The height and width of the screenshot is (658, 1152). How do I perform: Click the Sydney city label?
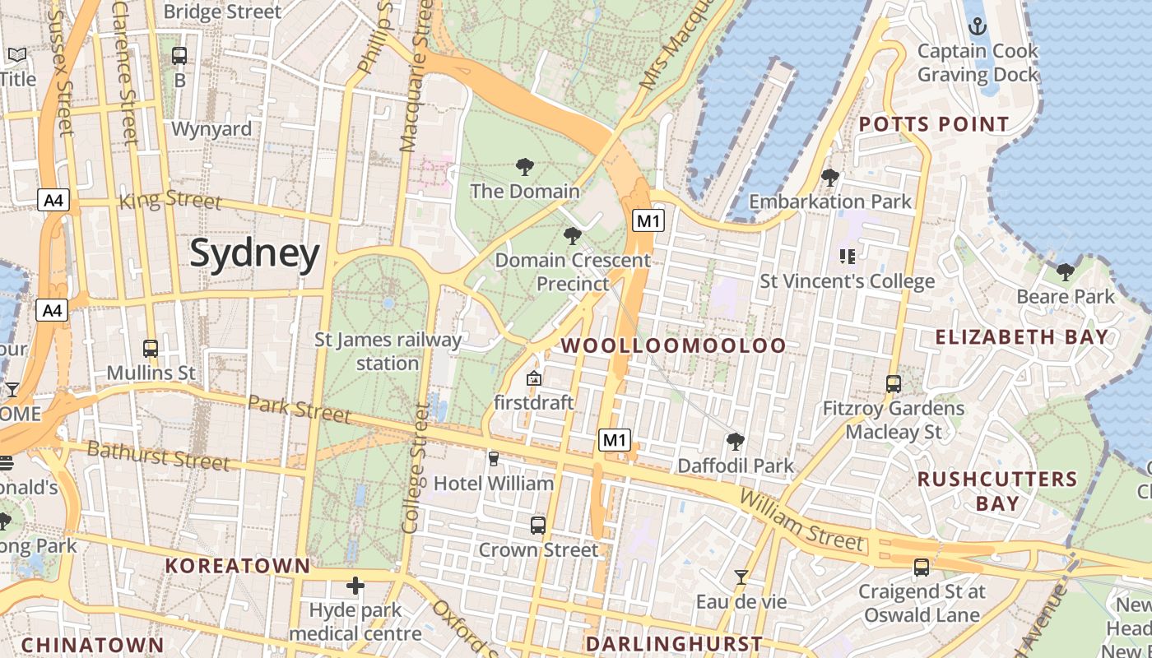point(254,254)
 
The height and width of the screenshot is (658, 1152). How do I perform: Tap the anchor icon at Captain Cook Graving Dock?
point(977,25)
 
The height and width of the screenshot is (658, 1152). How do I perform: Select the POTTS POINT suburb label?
point(934,125)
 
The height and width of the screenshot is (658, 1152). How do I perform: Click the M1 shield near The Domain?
point(648,220)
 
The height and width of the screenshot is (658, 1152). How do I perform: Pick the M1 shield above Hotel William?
point(614,440)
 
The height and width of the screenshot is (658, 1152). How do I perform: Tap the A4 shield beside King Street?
point(53,200)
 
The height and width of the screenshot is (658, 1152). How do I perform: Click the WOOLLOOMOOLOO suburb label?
point(674,345)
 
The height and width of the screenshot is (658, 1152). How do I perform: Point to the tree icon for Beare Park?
point(1066,271)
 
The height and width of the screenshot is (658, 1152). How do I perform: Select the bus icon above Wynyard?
point(179,56)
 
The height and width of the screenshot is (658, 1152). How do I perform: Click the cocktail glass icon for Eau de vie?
point(741,577)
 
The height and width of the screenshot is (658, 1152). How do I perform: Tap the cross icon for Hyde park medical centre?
point(355,586)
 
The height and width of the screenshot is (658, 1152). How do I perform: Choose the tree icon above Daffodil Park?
point(736,442)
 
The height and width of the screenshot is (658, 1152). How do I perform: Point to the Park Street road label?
point(299,409)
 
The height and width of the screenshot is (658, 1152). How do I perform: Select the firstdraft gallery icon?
point(533,378)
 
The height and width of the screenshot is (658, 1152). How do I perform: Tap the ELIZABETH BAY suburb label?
point(1022,336)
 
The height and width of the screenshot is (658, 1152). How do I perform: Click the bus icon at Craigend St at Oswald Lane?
point(922,567)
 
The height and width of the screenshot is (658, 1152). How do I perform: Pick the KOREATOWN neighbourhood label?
point(238,566)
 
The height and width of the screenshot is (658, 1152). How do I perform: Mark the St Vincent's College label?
point(847,281)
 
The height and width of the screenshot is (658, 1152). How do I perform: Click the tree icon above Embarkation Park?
point(830,177)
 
